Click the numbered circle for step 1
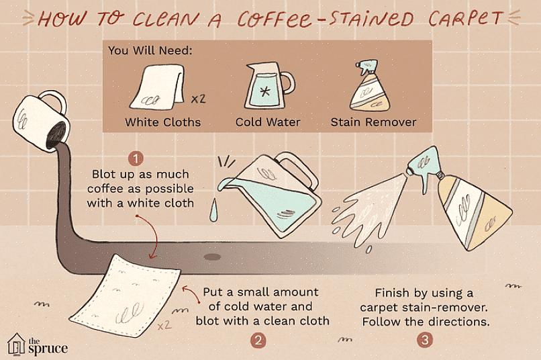[x=136, y=159]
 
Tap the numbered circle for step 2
[x=258, y=341]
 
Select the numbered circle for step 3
[x=425, y=341]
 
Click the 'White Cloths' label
[x=163, y=122]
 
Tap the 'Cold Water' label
[x=268, y=122]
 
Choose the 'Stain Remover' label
[x=373, y=122]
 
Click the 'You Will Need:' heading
[x=150, y=51]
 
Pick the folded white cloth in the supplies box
[x=158, y=88]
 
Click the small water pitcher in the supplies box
[x=268, y=86]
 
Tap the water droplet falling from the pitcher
[x=214, y=210]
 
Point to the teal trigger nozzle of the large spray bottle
[x=424, y=166]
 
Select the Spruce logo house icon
[x=16, y=344]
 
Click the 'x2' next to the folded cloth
[x=199, y=99]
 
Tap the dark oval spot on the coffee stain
[x=212, y=257]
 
